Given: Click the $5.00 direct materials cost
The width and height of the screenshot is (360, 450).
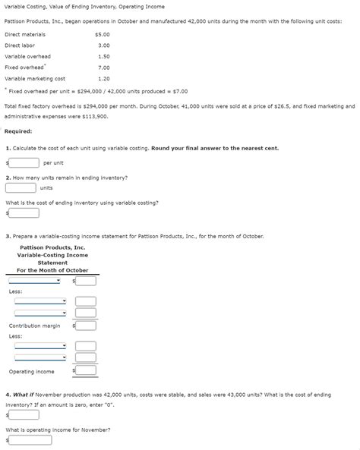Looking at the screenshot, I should (103, 34).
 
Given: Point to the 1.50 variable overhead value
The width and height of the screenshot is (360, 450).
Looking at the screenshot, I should (104, 56).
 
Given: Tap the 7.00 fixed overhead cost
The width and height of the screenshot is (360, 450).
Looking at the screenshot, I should (104, 68).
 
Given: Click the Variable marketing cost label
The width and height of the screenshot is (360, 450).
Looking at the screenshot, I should (35, 78).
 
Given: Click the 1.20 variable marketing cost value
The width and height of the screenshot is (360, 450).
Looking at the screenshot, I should (104, 78).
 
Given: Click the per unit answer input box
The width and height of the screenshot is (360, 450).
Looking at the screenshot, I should (24, 162).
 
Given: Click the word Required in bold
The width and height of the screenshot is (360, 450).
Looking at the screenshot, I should (17, 131).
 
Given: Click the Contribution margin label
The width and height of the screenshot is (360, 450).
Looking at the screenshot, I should (34, 326).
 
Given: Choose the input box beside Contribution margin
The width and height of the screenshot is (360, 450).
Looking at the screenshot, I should (86, 326).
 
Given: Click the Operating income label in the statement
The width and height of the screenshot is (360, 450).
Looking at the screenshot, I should (31, 371).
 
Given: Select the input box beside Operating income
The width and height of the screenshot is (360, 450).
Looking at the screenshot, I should (86, 371).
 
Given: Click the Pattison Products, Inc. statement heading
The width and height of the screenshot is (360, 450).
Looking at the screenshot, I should (52, 247).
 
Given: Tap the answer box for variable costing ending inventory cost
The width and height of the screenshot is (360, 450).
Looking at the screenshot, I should (24, 212).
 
